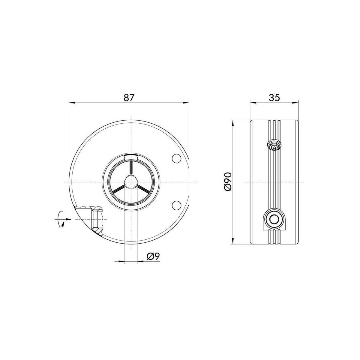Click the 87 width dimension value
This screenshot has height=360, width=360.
click(129, 97)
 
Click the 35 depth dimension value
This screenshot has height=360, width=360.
click(274, 97)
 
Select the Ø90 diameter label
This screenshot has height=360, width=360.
click(228, 182)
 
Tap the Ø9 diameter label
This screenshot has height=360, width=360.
click(153, 256)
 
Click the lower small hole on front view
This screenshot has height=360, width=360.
click(177, 205)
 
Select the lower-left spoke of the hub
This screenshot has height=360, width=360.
click(118, 189)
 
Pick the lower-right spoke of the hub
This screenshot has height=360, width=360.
click(143, 189)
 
